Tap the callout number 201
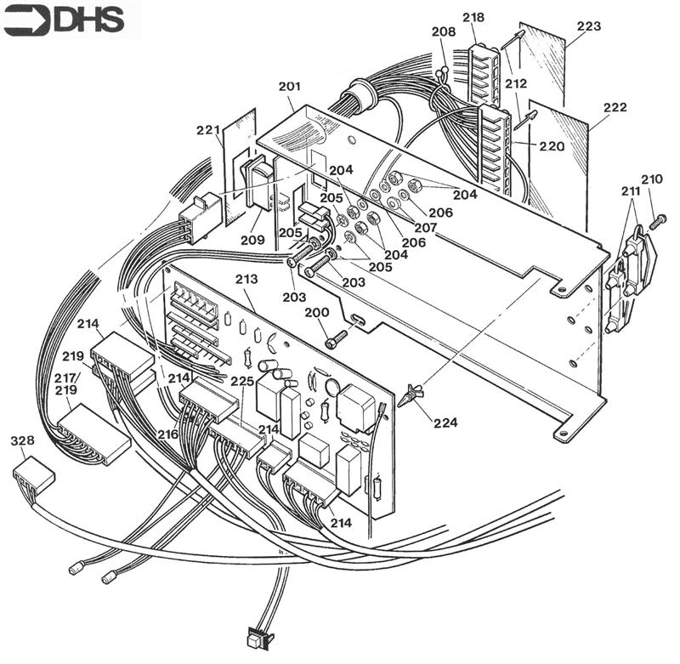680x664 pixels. [x=289, y=87]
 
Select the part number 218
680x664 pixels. [x=474, y=18]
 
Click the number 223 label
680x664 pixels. [x=587, y=26]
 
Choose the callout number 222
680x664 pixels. [x=615, y=108]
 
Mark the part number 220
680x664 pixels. [x=551, y=145]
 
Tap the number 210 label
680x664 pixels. [x=652, y=179]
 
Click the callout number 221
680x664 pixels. [x=208, y=130]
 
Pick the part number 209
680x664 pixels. [x=252, y=241]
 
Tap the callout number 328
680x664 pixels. [x=22, y=440]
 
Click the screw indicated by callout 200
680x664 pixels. [x=335, y=341]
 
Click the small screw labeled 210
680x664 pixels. [x=656, y=220]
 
